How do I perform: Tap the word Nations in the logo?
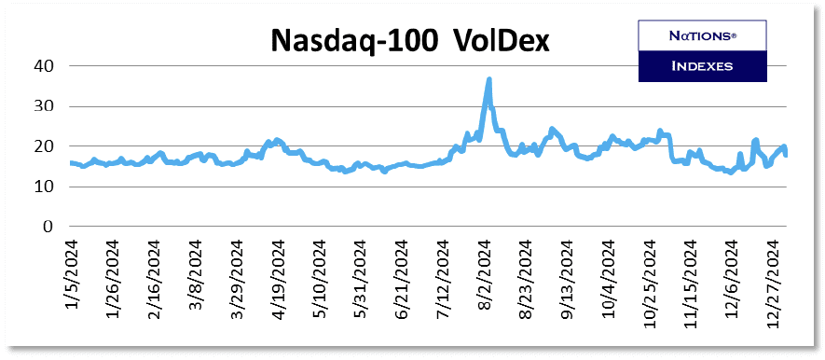[x=701, y=36]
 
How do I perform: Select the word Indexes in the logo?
[x=701, y=66]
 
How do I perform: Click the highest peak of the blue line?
[x=489, y=80]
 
